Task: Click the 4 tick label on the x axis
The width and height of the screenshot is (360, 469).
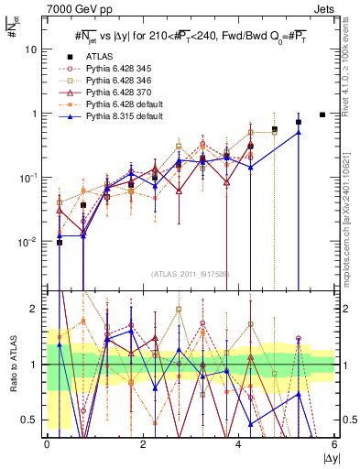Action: (x=238, y=444)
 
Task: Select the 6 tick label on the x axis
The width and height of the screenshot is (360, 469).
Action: (x=334, y=444)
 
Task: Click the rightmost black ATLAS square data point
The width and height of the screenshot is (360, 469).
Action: (x=322, y=115)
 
